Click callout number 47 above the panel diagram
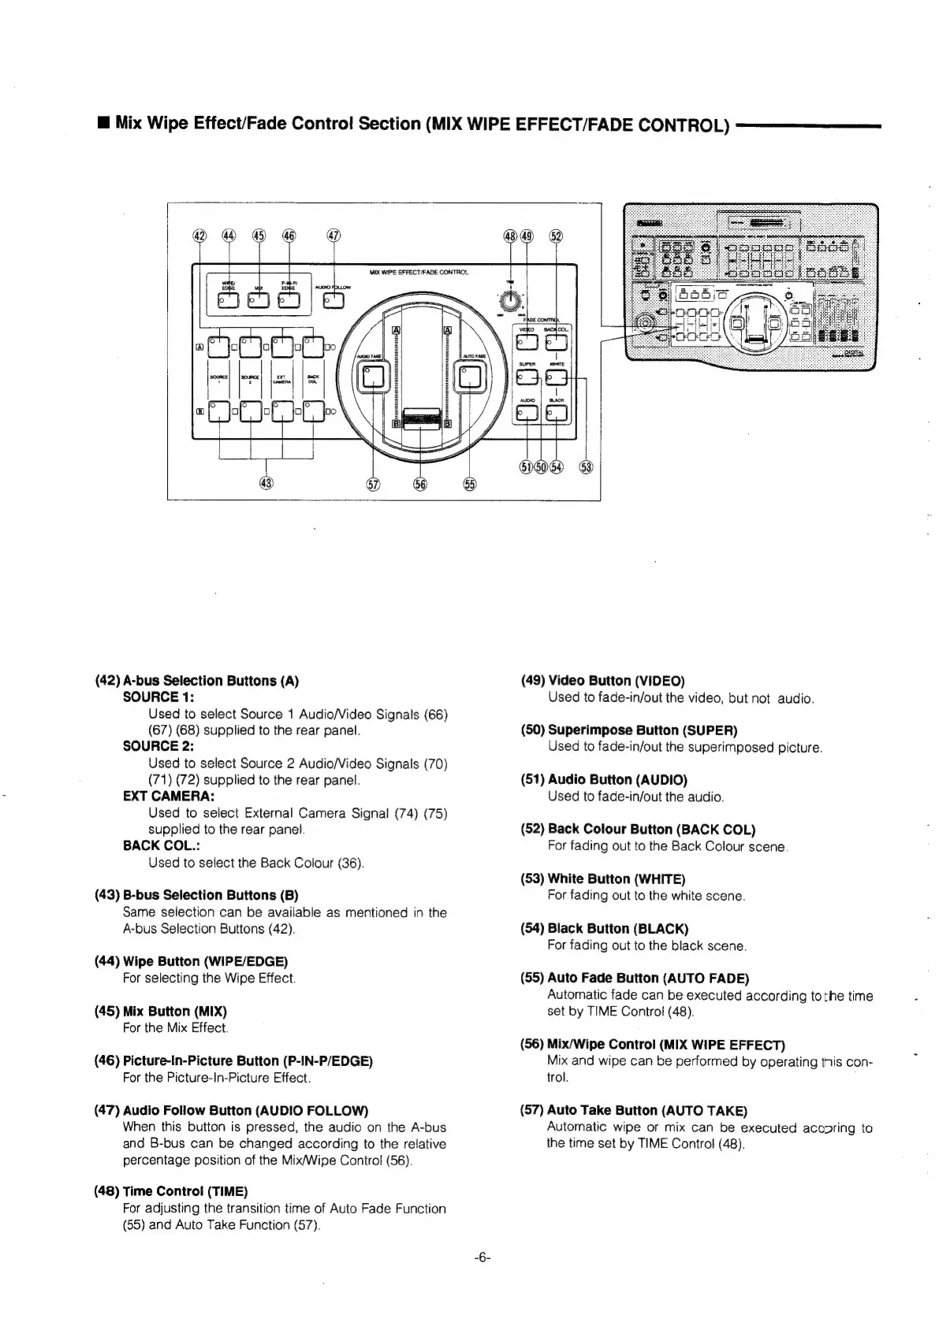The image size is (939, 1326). tap(334, 236)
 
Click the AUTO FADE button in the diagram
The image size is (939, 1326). tap(471, 379)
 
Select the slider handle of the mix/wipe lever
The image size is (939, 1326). tap(421, 418)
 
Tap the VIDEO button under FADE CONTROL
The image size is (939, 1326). tap(525, 341)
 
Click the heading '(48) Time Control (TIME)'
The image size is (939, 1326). tap(170, 1190)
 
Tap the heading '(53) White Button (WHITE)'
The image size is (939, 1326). tap(602, 878)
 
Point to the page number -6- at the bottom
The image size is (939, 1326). tap(483, 1258)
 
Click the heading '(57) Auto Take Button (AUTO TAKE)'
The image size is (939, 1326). tap(633, 1110)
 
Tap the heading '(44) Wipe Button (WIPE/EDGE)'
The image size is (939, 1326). tap(191, 961)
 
